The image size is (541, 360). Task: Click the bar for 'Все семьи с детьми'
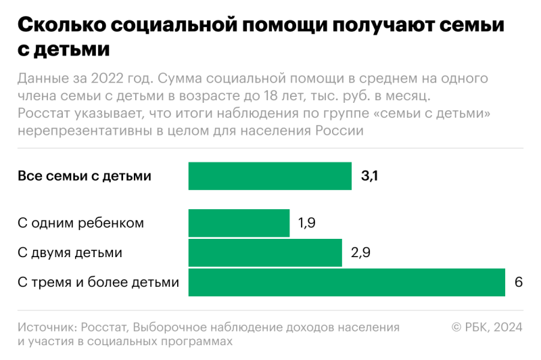point(270,176)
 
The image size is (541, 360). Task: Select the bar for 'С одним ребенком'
point(239,223)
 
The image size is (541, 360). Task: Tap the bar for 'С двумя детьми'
point(265,253)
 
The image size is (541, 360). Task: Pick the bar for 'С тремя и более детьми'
point(346,283)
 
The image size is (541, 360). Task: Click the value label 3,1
point(369,177)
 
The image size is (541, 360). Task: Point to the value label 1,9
point(306,223)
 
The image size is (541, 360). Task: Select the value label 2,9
point(360,253)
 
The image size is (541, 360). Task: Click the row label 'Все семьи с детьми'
point(85,177)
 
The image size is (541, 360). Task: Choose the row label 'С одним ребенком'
point(80,223)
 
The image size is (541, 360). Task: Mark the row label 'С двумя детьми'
point(70,253)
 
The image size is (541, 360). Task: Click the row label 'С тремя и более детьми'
point(99,283)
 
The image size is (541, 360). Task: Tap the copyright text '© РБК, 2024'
point(487,327)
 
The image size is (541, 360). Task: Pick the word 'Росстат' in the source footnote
point(105,327)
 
